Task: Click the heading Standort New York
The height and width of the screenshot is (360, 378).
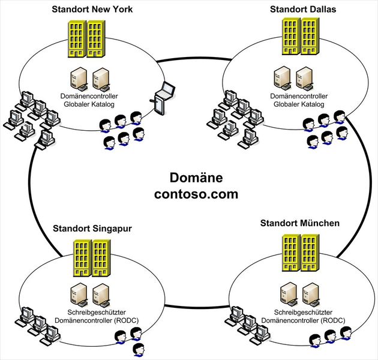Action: pyautogui.click(x=92, y=9)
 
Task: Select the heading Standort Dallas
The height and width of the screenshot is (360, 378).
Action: pyautogui.click(x=303, y=9)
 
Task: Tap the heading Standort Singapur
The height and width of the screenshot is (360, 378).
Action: pyautogui.click(x=92, y=229)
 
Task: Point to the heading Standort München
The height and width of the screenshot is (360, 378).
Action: pyautogui.click(x=300, y=223)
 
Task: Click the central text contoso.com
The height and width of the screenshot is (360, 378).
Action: pyautogui.click(x=196, y=194)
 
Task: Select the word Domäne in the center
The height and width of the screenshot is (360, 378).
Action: pyautogui.click(x=196, y=178)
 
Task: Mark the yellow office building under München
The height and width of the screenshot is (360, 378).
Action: pyautogui.click(x=299, y=251)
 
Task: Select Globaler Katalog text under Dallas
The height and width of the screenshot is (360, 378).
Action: pyautogui.click(x=299, y=104)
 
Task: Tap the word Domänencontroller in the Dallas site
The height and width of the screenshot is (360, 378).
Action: pyautogui.click(x=299, y=96)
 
